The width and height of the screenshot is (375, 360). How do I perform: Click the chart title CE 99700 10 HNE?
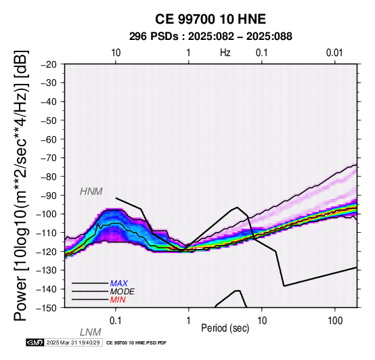tap(211, 19)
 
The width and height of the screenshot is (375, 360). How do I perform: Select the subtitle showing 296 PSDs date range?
tap(211, 37)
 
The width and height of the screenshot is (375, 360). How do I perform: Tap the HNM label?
tap(91, 192)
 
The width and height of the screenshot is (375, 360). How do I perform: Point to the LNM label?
tap(91, 332)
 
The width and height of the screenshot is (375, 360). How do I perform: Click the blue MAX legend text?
tap(118, 284)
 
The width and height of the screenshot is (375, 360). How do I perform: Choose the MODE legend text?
tap(122, 292)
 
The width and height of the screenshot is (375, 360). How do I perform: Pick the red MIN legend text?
tap(118, 300)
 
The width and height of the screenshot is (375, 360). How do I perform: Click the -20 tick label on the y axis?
tap(49, 64)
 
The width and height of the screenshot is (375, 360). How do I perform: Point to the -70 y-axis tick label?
tap(49, 158)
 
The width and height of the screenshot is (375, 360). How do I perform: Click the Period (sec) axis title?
tap(225, 328)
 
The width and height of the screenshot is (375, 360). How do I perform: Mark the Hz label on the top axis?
tap(225, 53)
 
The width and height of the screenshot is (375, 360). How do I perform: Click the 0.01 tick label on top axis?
tap(334, 53)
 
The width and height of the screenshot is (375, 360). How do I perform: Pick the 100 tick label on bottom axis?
tap(335, 321)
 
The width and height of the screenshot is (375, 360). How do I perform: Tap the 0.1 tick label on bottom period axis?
tap(116, 321)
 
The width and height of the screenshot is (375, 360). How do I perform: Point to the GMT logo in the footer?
tap(35, 342)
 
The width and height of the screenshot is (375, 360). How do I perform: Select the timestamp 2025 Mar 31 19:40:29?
tap(73, 342)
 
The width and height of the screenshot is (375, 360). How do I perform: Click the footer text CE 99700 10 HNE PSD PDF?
tap(136, 343)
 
